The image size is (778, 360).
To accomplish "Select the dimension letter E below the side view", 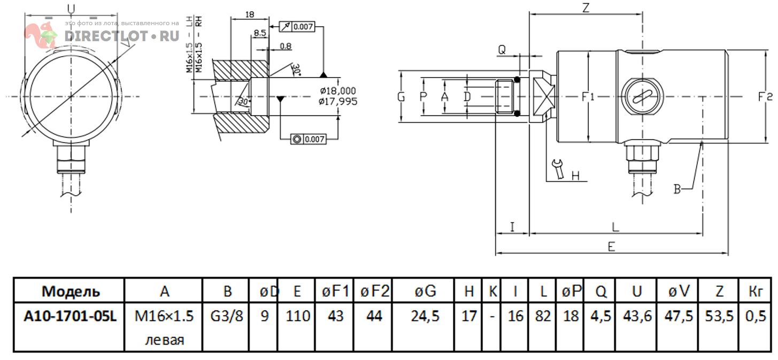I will [x=612, y=246].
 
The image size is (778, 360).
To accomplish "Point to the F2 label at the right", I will [x=765, y=97].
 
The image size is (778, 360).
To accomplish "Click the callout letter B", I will [x=677, y=189].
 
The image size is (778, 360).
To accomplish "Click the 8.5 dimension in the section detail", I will [x=260, y=33].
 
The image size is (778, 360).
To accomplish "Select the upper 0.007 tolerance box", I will [x=303, y=26].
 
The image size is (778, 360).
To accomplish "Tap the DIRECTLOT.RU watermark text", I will [x=121, y=36].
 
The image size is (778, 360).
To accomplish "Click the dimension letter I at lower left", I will [x=512, y=227].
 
